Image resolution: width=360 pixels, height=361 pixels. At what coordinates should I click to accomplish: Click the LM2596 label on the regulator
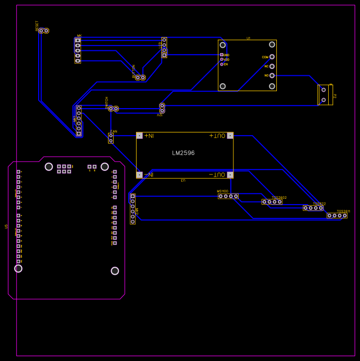pos(183,153)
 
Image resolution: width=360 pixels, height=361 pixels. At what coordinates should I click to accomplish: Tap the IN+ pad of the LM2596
pos(140,136)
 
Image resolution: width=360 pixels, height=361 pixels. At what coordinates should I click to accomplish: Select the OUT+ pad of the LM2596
pos(230,136)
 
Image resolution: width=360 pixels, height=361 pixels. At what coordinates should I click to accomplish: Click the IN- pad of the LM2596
pos(140,174)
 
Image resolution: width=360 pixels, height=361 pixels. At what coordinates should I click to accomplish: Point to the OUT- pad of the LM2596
pos(230,174)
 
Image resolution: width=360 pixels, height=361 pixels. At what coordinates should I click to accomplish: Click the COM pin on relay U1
pos(272,57)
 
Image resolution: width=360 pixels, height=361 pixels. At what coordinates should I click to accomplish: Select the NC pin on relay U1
pos(272,66)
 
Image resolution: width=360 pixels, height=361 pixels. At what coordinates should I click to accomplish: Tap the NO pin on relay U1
pos(272,75)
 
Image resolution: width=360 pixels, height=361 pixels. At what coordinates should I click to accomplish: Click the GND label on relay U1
pos(226,55)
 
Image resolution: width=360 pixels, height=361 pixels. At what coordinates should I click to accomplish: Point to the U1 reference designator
pos(248,38)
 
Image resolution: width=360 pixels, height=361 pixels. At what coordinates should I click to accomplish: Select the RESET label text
pos(37,25)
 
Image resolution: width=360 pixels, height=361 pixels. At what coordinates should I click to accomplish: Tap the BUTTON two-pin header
pos(140,77)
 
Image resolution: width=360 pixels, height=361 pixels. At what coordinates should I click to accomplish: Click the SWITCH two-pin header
pos(113,109)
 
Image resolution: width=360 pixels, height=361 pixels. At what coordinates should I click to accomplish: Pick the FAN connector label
pos(113,131)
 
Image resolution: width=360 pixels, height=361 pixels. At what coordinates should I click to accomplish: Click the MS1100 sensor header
pos(228,196)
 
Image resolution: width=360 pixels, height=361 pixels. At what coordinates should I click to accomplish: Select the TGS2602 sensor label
pos(279,197)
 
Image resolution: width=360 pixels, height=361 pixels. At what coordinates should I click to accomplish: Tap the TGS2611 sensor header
pos(337,215)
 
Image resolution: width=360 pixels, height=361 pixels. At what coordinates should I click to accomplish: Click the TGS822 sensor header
pos(313,208)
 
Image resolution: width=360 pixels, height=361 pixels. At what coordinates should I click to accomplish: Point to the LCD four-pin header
pos(164,47)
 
